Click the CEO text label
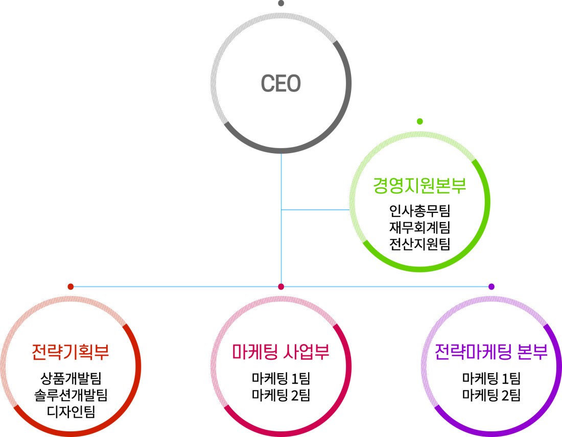point(280,84)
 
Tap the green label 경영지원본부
point(419,186)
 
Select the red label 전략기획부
point(69,352)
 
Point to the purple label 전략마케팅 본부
point(491,352)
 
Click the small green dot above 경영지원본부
point(419,122)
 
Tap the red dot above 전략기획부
point(71,287)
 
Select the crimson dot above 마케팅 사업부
point(280,287)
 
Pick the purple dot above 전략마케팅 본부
point(491,287)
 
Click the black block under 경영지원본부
point(419,227)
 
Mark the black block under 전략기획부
point(69,395)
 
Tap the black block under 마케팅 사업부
point(281,387)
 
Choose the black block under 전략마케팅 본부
point(491,386)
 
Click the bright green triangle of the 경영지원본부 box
point(455,240)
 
